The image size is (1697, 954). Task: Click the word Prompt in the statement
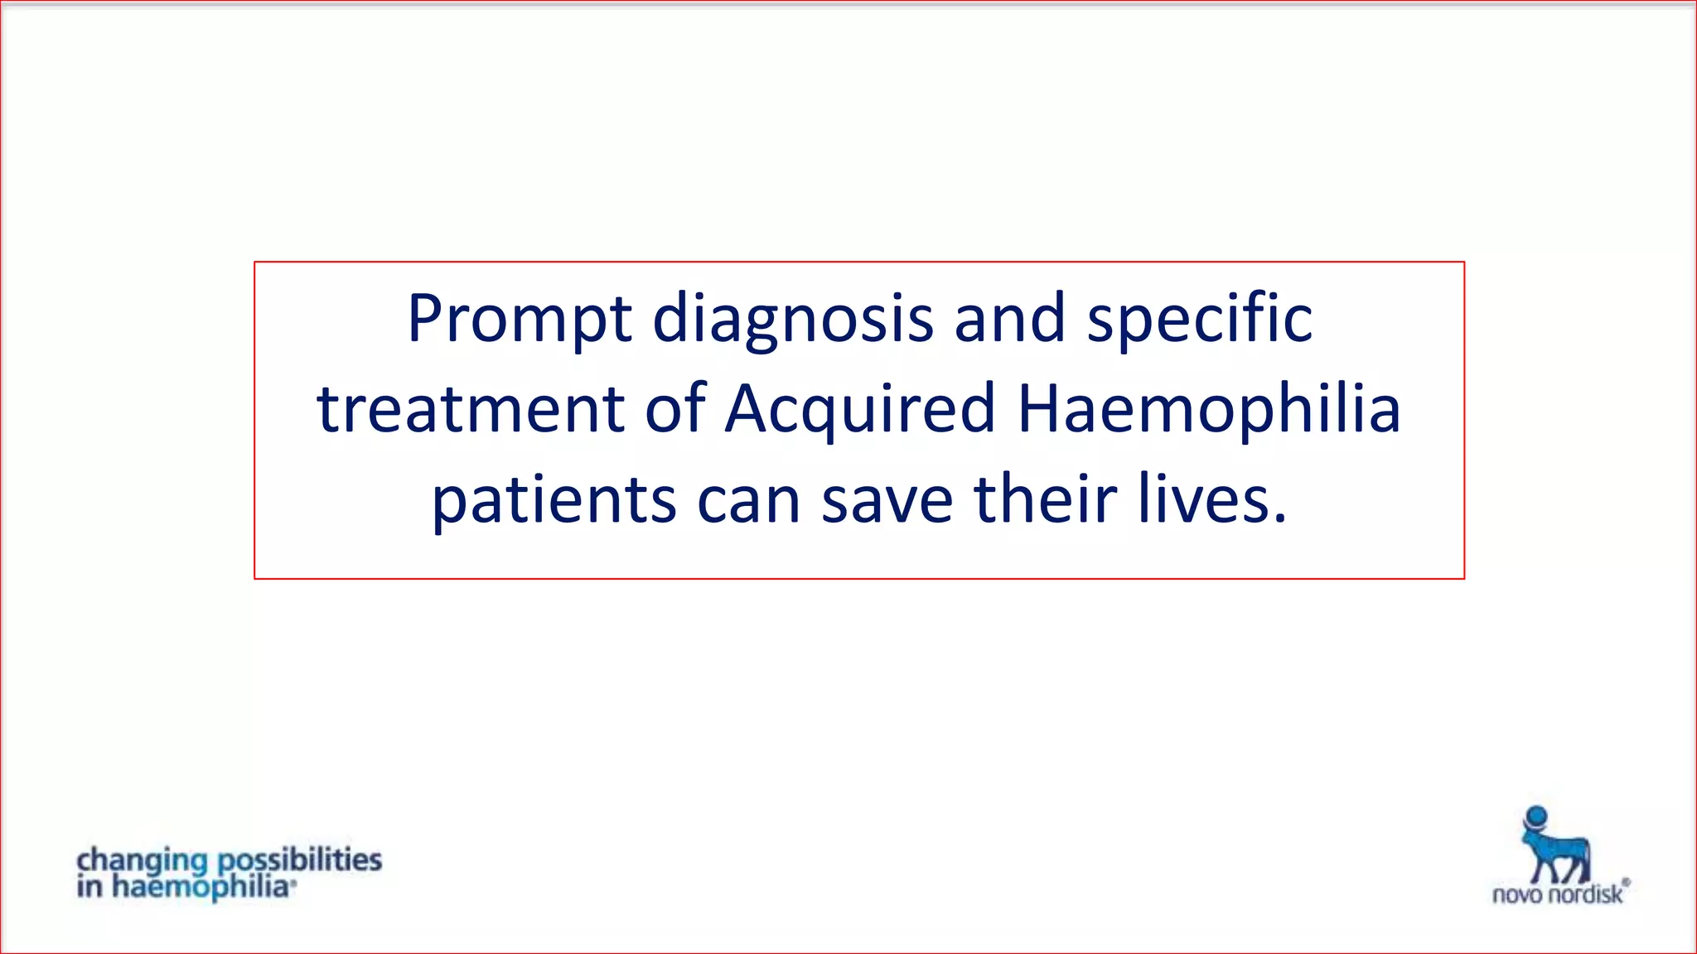coord(520,319)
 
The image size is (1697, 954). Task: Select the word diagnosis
coord(793,319)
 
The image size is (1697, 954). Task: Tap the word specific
coord(1199,319)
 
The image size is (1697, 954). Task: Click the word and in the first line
coord(1009,319)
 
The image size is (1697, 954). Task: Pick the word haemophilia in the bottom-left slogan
coord(201,888)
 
